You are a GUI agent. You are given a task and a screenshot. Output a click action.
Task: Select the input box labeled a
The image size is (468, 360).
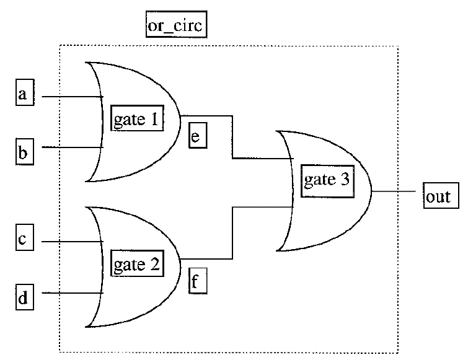click(x=23, y=95)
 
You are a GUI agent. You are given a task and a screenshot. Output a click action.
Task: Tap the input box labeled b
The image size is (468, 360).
click(x=23, y=152)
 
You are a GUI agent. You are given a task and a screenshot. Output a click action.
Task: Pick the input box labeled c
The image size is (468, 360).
click(x=22, y=240)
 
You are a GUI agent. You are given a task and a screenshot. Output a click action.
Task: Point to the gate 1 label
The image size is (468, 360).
click(x=136, y=118)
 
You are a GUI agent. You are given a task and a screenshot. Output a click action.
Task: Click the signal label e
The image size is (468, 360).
click(x=195, y=137)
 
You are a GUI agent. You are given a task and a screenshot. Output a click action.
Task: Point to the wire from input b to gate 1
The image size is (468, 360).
click(x=68, y=147)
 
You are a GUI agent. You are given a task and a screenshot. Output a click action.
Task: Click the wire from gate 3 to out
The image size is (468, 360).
click(x=397, y=191)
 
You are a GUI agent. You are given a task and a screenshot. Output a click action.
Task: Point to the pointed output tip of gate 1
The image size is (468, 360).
click(x=180, y=116)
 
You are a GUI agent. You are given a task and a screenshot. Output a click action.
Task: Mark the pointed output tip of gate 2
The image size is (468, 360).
click(x=180, y=258)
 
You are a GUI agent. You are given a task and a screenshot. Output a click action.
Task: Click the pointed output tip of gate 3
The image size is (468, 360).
click(x=371, y=191)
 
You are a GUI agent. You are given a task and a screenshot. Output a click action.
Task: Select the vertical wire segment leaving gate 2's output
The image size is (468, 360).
click(x=232, y=233)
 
